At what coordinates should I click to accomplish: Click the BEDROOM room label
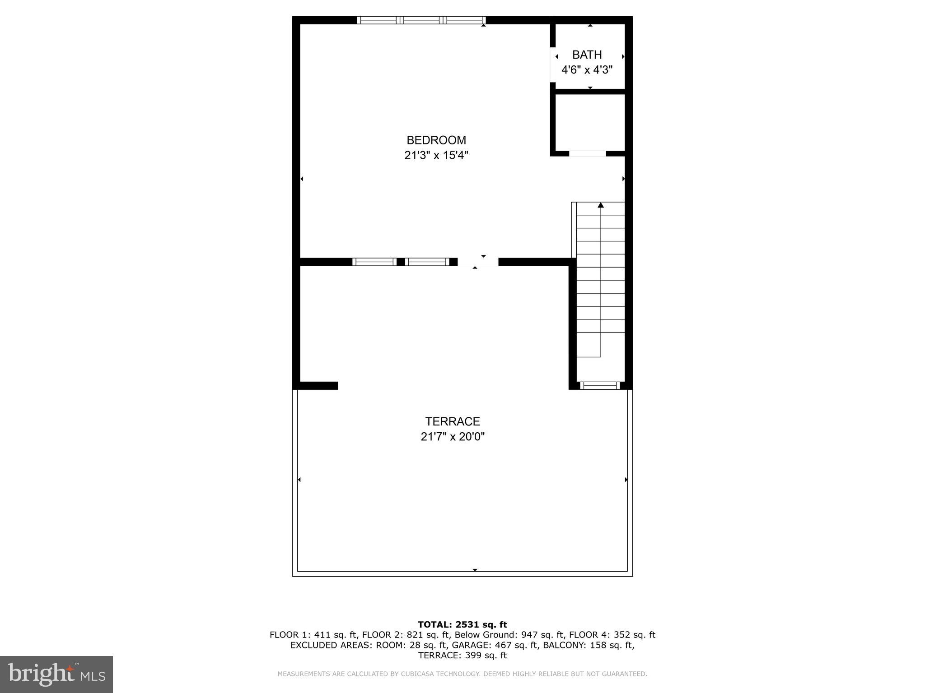tap(436, 140)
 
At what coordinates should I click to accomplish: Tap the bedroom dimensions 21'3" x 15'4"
tap(436, 156)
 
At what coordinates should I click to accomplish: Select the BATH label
tap(587, 55)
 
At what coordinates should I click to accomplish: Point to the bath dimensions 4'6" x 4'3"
tap(587, 70)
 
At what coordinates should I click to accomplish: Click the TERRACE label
tap(452, 421)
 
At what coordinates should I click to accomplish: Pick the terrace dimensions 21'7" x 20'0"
tap(452, 437)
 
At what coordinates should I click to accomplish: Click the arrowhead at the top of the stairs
tap(601, 205)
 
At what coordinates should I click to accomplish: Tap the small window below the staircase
tap(600, 385)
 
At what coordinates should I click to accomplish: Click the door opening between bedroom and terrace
tap(478, 262)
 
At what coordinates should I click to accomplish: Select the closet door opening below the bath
tap(587, 154)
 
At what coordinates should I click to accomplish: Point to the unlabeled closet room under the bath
tap(589, 122)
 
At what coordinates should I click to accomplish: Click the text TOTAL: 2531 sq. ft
tap(462, 624)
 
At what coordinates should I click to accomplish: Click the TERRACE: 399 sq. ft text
tap(462, 656)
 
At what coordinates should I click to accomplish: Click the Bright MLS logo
tap(56, 674)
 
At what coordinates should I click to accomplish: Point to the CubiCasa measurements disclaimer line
tap(462, 674)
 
